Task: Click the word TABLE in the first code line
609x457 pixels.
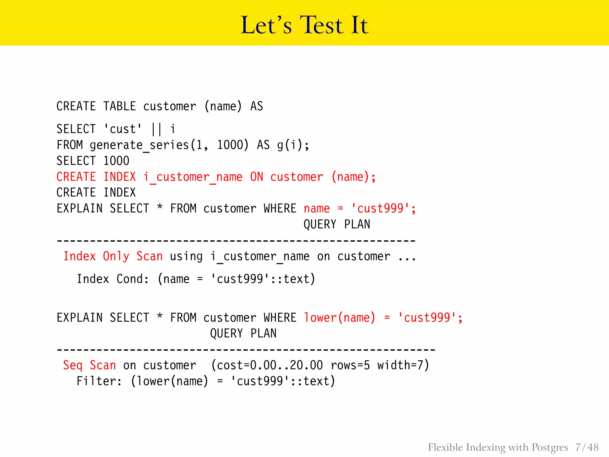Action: pos(120,106)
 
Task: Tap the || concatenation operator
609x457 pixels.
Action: pos(156,129)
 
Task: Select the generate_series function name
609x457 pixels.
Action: pos(139,145)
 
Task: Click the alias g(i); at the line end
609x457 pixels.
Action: pos(293,145)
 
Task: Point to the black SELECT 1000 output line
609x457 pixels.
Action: pos(93,161)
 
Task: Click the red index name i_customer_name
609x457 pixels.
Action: pos(193,177)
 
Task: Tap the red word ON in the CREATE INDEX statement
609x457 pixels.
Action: pos(257,177)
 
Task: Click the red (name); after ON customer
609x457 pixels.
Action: pos(354,177)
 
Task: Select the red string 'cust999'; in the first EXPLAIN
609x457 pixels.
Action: pos(383,209)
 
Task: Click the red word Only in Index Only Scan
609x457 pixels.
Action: pos(116,256)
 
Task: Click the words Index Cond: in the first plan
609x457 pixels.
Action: pos(113,279)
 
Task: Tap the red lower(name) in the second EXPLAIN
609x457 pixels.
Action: pos(339,318)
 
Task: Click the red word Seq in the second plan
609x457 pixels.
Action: pos(73,365)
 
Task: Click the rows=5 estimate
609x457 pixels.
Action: pos(350,365)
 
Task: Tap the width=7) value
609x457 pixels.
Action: pos(403,365)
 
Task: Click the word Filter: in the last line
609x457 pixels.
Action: pos(99,381)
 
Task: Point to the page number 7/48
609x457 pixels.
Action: pos(587,447)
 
